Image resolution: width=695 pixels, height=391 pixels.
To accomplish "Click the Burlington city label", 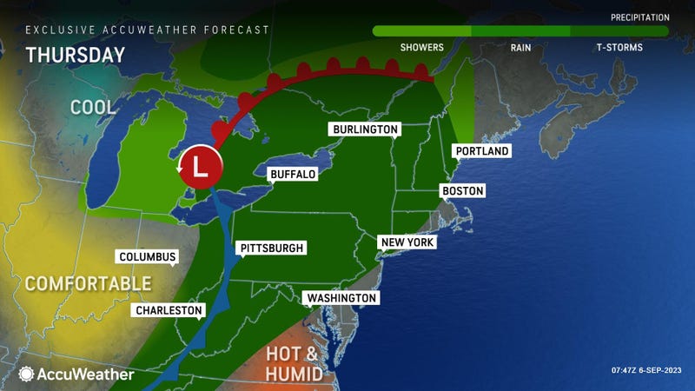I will click(365, 129).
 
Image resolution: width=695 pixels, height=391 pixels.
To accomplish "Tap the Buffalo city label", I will click(292, 175).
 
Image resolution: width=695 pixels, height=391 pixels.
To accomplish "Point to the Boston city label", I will click(462, 191).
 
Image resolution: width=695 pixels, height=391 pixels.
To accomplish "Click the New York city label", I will click(407, 242).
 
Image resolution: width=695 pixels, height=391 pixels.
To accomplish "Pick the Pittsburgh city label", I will click(272, 249).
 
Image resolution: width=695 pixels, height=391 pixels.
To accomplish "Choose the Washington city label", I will click(341, 298).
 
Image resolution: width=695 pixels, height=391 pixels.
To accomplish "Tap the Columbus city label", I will click(148, 257).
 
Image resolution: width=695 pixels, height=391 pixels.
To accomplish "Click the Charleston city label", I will click(169, 310).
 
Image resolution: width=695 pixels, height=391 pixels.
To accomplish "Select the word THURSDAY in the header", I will click(76, 55).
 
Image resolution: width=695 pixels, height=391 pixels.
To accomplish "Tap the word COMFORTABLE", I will click(87, 284).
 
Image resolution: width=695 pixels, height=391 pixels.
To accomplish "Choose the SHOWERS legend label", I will click(421, 47).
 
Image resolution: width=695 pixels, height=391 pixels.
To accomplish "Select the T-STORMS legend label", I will click(619, 47).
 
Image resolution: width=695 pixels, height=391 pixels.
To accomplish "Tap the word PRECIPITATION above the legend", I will click(640, 17).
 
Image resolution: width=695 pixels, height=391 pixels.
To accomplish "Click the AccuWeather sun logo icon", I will click(27, 374).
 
